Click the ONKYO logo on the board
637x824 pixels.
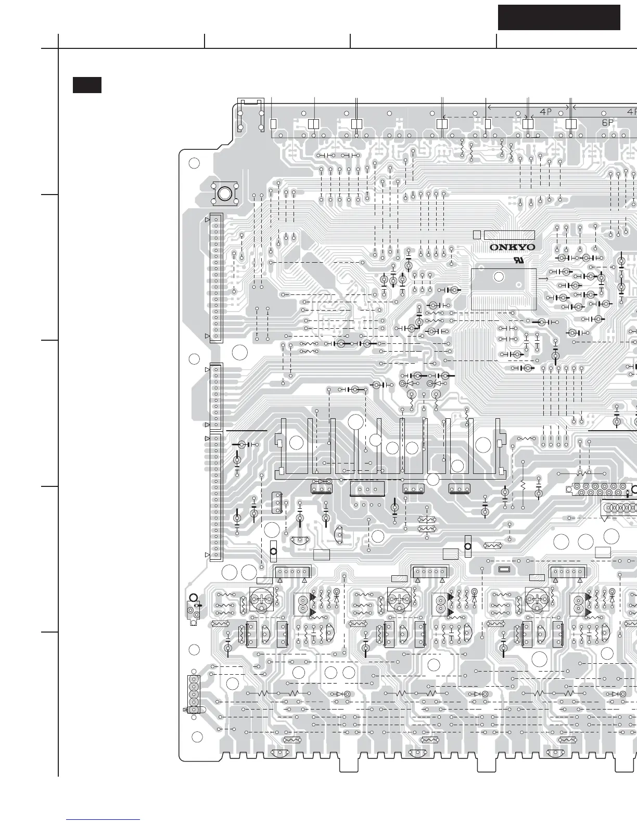click(512, 248)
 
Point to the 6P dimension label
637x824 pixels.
click(608, 123)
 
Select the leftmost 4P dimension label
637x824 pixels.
click(545, 111)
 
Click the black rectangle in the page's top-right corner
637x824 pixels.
click(559, 18)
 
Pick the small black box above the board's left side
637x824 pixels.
click(87, 85)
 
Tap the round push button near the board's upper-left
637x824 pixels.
click(224, 194)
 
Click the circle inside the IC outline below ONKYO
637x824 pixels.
click(498, 277)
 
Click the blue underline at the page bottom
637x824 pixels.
click(104, 820)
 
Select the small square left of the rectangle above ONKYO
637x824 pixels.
click(477, 235)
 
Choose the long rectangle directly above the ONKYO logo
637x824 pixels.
click(509, 235)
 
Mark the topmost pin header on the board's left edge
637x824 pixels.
click(216, 278)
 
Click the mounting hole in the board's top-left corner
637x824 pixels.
click(194, 163)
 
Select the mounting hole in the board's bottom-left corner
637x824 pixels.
click(197, 737)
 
